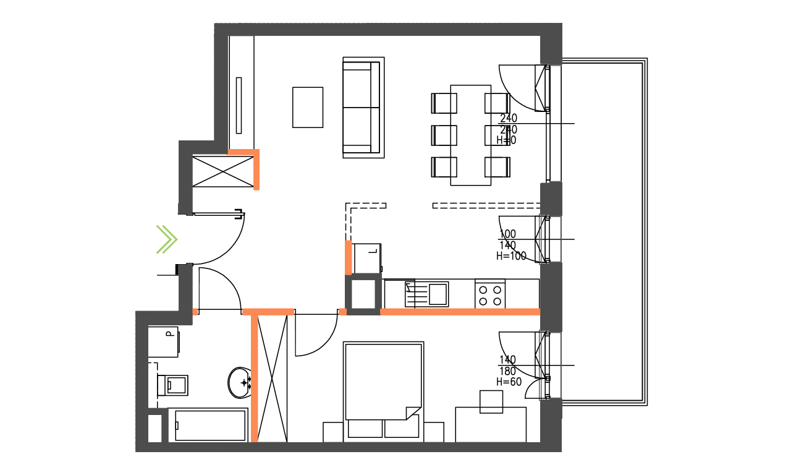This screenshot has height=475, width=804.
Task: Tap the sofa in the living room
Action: [363, 107]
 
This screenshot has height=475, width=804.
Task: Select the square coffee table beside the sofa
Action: [308, 107]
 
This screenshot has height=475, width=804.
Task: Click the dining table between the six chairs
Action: [471, 135]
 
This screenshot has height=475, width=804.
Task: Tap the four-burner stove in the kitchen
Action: [490, 294]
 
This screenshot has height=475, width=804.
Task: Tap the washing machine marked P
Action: [164, 341]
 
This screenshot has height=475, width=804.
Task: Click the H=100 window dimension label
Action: [511, 256]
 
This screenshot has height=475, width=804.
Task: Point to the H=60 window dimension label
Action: [509, 382]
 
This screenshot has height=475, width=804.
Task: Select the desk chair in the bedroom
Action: [491, 401]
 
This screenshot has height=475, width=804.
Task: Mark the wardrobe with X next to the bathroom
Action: [273, 378]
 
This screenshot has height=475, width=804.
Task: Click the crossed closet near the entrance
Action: [223, 171]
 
